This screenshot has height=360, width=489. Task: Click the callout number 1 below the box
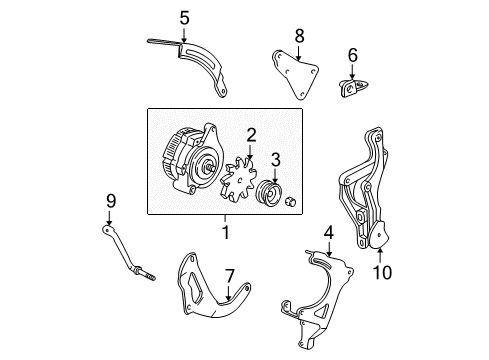coord(226,233)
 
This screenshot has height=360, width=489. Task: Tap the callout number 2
coord(252,134)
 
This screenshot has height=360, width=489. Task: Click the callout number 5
coord(183,17)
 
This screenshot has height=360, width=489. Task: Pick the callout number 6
coord(352,54)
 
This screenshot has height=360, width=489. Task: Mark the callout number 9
coord(110,200)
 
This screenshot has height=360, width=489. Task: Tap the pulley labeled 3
coord(271,194)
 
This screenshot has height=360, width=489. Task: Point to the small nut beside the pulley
coord(292,204)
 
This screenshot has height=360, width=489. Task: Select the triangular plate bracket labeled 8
coord(292,76)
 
